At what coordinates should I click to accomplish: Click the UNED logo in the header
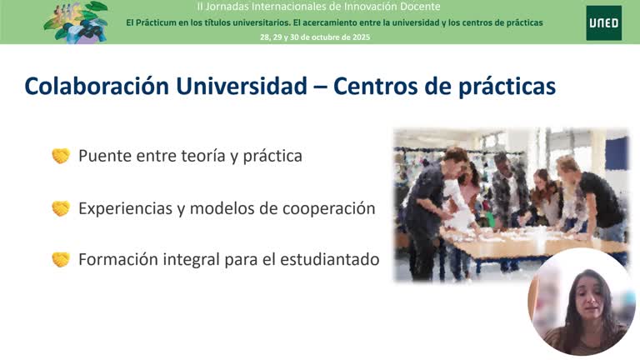[x=603, y=22]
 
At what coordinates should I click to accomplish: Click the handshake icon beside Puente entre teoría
[x=61, y=156]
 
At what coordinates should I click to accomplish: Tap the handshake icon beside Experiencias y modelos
[x=61, y=208]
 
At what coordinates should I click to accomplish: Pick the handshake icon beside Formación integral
[x=61, y=259]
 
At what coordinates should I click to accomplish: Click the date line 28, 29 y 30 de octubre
[x=315, y=37]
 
